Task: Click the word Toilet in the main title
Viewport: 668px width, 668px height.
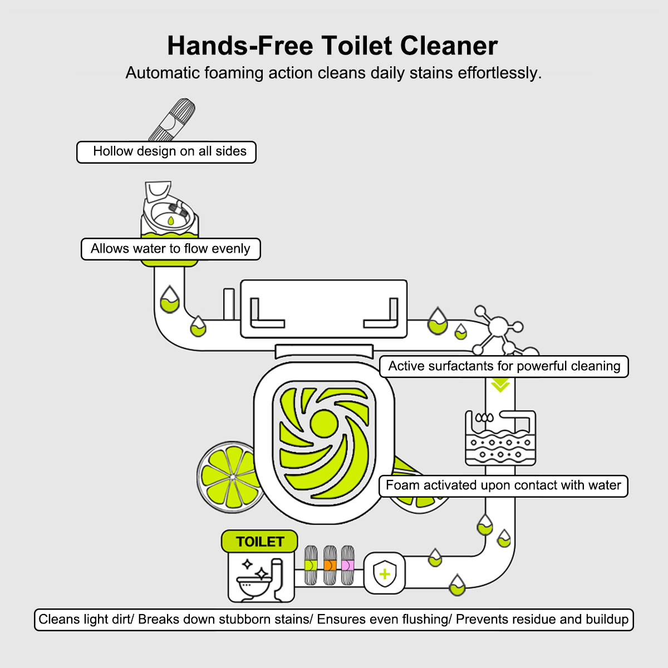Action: (x=357, y=46)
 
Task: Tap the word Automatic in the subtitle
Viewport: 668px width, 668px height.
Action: (x=162, y=73)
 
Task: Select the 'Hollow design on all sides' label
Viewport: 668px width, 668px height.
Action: (x=166, y=152)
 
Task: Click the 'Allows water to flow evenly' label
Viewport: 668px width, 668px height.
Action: (x=170, y=249)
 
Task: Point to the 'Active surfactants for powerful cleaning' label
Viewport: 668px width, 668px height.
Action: (x=504, y=366)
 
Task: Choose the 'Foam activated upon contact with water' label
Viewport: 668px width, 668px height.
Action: (x=503, y=486)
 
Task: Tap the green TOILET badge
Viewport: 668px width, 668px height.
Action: (x=259, y=542)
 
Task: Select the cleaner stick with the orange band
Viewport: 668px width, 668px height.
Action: (x=330, y=565)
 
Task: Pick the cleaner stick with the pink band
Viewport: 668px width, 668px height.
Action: (x=347, y=565)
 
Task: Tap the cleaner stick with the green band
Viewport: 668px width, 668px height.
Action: (x=311, y=565)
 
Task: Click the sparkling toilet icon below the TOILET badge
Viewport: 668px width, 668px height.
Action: (x=261, y=577)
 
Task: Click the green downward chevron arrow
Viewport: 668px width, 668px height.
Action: (x=500, y=385)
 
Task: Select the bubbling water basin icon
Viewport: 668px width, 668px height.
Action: (x=500, y=438)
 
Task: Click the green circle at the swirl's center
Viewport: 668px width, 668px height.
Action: (x=324, y=423)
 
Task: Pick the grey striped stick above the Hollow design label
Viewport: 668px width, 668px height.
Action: (x=172, y=120)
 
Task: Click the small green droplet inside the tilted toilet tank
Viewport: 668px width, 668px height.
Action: (x=170, y=220)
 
